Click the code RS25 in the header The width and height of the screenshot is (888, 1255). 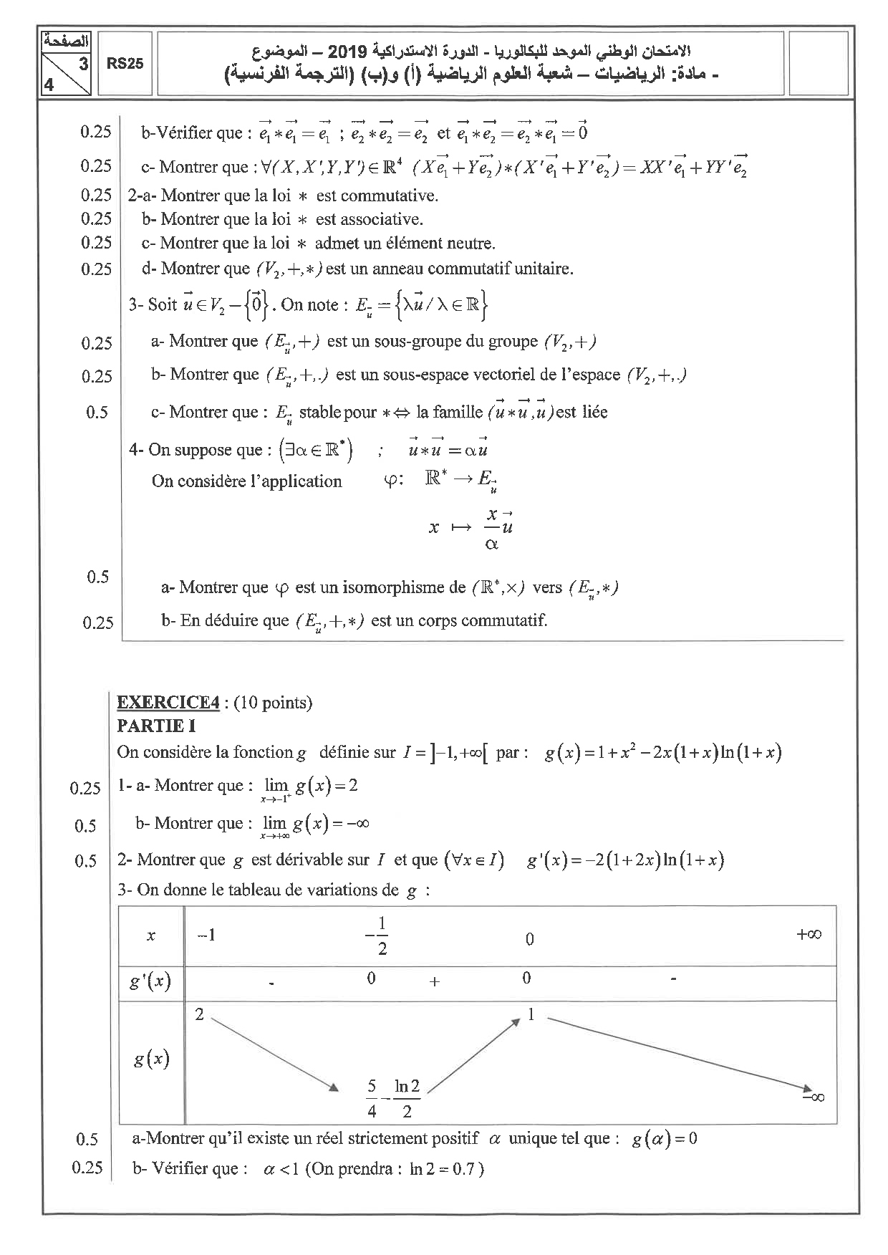click(125, 64)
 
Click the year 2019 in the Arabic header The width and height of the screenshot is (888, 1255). click(347, 52)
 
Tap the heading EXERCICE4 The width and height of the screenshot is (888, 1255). click(168, 702)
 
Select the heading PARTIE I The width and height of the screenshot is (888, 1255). click(156, 726)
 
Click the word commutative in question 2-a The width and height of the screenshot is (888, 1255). click(397, 196)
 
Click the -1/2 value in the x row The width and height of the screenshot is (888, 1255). click(377, 936)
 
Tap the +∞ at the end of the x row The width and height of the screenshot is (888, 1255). click(809, 934)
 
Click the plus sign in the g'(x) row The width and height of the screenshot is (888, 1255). click(434, 982)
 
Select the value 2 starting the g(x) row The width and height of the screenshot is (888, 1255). click(199, 1014)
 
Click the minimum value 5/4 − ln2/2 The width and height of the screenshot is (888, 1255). click(392, 1097)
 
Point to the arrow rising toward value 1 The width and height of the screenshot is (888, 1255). click(473, 1056)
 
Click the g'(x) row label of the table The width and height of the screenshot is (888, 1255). click(150, 981)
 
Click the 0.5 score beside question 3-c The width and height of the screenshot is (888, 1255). click(97, 412)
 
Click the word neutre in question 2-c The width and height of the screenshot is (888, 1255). click(471, 244)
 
